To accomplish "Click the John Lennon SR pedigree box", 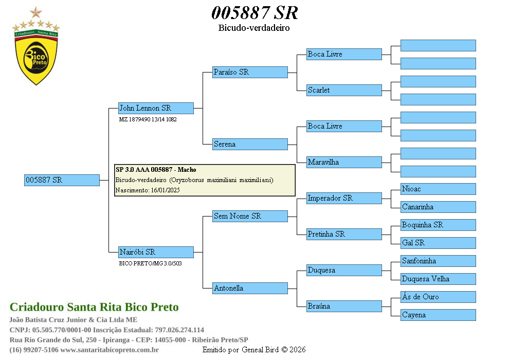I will pos(156,108).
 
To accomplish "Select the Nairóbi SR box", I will pos(156,252).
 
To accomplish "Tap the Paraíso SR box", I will pos(250,72).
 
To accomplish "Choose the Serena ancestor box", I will pos(250,144).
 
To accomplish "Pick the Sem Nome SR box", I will pos(250,216).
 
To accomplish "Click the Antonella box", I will pos(250,288).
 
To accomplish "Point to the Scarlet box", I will pos(344,90).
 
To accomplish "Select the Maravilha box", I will pos(344,162).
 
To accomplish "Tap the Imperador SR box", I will pos(344,198).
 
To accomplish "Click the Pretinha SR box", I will pos(344,234).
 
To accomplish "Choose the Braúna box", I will pos(344,306).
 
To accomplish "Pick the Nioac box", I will pos(438,189).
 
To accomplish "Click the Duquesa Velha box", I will pos(438,279).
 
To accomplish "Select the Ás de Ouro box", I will pos(438,297).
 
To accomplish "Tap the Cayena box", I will pos(438,315).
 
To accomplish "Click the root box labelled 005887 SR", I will pos(62,180).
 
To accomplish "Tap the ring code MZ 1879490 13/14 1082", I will pos(148,119).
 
